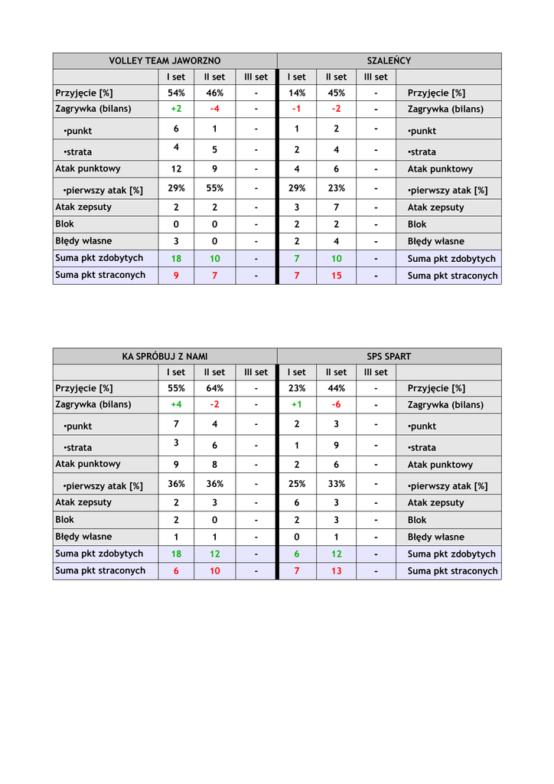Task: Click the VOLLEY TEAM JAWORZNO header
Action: [165, 60]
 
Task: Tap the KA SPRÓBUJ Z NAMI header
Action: [165, 356]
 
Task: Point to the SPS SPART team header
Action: [389, 356]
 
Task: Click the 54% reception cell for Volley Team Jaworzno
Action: [176, 93]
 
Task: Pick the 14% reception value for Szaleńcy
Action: [296, 93]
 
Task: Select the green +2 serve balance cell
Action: [176, 109]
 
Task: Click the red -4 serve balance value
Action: [214, 109]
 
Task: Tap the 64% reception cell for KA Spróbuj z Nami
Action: [214, 388]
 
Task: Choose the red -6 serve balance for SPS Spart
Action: [336, 404]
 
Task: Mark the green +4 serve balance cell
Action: [176, 404]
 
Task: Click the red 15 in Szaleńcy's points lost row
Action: [336, 276]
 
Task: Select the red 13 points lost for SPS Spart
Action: [336, 571]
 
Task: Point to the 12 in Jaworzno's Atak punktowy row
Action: [176, 168]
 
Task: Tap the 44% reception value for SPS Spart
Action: [336, 388]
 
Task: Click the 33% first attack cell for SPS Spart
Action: [336, 484]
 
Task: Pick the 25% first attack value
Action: [296, 484]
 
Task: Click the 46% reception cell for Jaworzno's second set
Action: [214, 93]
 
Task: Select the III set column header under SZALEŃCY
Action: [376, 77]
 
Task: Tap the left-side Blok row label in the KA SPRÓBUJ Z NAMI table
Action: [65, 519]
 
